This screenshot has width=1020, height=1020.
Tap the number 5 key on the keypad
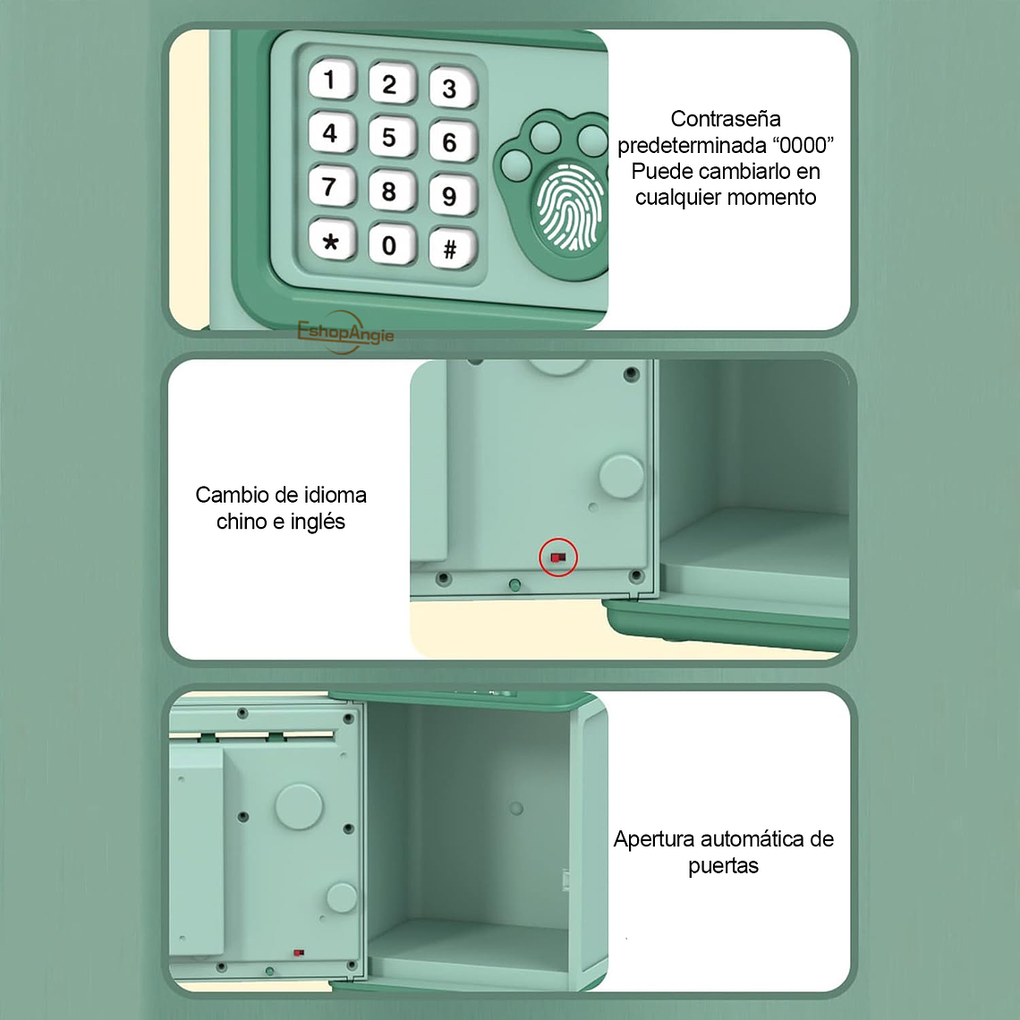click(389, 137)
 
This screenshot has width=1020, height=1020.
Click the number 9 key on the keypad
click(449, 196)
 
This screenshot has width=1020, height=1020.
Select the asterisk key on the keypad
click(331, 242)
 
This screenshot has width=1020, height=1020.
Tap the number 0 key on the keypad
click(389, 245)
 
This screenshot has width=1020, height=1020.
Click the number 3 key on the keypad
click(449, 88)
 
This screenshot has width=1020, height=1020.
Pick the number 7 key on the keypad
click(330, 187)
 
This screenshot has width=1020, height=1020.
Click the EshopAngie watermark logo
click(345, 332)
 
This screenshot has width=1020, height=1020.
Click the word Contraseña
click(726, 119)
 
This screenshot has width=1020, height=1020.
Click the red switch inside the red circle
click(558, 557)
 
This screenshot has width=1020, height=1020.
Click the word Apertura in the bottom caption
click(654, 839)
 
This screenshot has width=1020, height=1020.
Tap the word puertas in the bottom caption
click(723, 866)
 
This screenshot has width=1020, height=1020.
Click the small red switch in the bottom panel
click(299, 953)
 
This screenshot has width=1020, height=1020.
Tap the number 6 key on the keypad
click(449, 141)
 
